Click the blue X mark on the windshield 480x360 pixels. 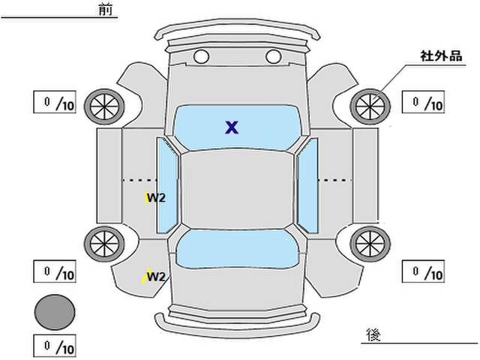232,127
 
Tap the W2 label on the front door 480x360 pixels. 156,198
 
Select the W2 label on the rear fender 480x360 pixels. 156,277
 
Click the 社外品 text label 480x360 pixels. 441,56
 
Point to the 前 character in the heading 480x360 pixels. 106,10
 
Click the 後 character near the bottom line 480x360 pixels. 373,334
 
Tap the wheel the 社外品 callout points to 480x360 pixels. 370,106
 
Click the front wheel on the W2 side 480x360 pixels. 104,106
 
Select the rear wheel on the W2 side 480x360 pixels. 104,244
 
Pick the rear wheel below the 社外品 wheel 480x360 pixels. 370,244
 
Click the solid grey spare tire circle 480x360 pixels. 55,312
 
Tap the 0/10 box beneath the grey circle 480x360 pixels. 55,346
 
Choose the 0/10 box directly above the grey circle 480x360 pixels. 55,271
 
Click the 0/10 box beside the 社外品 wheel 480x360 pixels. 423,102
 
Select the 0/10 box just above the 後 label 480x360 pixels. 423,271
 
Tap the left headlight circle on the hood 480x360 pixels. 202,57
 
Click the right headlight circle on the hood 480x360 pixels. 273,57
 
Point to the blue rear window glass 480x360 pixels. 238,249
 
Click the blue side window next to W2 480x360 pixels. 167,185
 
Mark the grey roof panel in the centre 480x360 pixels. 237,190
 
